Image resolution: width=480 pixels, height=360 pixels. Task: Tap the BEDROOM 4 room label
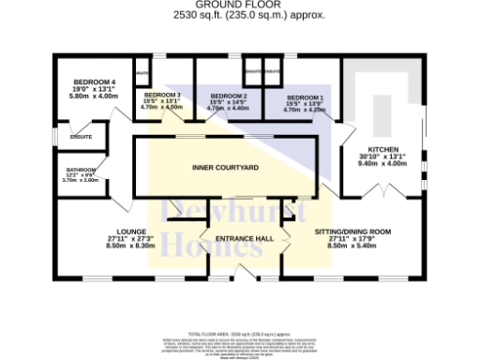point(94,82)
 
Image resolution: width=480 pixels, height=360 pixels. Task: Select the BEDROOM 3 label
point(162,95)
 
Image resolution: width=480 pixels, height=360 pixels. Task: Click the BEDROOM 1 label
point(305,97)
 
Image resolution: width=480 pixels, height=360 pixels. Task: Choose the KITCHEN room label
point(383,150)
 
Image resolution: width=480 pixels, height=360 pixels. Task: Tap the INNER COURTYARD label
point(225,167)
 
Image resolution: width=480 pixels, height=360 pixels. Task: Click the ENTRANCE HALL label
point(244,239)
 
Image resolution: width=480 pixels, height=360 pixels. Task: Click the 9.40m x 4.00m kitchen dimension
point(383,163)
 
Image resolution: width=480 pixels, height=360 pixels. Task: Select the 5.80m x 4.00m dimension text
point(94,97)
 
